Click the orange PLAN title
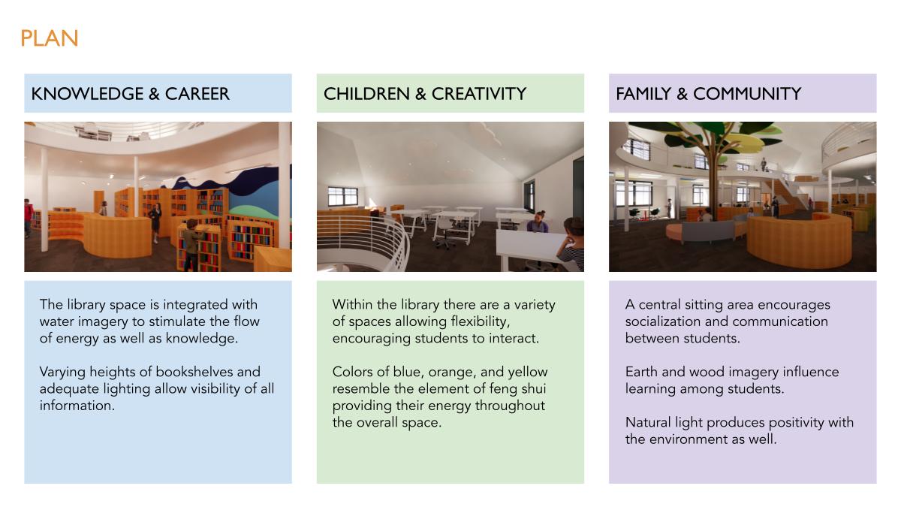(49, 38)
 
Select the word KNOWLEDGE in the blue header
(87, 94)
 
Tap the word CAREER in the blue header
(197, 94)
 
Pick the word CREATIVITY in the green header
(479, 94)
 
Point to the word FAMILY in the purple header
(643, 94)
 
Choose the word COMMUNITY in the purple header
(747, 94)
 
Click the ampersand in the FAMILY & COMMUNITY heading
(683, 94)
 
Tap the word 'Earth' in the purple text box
(641, 372)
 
